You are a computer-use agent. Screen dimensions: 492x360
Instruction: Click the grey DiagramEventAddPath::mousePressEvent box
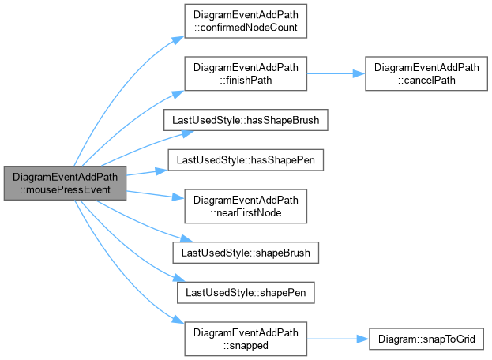(x=65, y=183)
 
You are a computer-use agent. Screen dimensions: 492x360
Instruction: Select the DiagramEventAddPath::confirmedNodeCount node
(x=246, y=21)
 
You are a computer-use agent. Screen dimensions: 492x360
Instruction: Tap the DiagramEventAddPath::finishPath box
(x=246, y=73)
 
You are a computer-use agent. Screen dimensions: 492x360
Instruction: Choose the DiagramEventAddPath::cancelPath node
(x=426, y=73)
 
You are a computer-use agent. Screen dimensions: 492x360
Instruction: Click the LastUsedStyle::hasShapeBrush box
(x=246, y=120)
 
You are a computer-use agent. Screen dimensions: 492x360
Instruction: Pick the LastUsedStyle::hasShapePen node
(x=246, y=160)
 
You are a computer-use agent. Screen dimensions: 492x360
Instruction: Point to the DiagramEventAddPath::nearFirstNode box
(x=246, y=206)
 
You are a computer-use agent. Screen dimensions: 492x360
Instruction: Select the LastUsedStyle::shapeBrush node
(x=246, y=253)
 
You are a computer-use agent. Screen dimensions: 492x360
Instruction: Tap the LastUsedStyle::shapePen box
(x=246, y=293)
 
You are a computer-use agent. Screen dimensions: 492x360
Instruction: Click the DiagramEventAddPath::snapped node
(x=246, y=339)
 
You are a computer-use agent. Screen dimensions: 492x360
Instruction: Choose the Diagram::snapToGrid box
(x=426, y=339)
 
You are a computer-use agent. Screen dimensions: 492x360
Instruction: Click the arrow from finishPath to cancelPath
(x=336, y=73)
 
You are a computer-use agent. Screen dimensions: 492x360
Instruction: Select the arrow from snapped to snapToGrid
(x=338, y=339)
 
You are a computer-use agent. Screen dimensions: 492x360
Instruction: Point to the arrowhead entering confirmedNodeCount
(x=178, y=40)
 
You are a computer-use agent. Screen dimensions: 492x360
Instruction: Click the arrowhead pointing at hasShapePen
(x=162, y=171)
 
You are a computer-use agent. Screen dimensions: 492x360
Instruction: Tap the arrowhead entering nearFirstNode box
(x=178, y=197)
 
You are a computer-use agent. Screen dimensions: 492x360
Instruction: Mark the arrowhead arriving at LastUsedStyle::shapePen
(x=179, y=278)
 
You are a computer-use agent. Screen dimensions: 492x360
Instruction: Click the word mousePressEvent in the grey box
(x=65, y=189)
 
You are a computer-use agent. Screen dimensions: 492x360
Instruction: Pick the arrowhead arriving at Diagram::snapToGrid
(x=363, y=339)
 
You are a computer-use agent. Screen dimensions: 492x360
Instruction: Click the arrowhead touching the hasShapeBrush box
(x=188, y=133)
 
